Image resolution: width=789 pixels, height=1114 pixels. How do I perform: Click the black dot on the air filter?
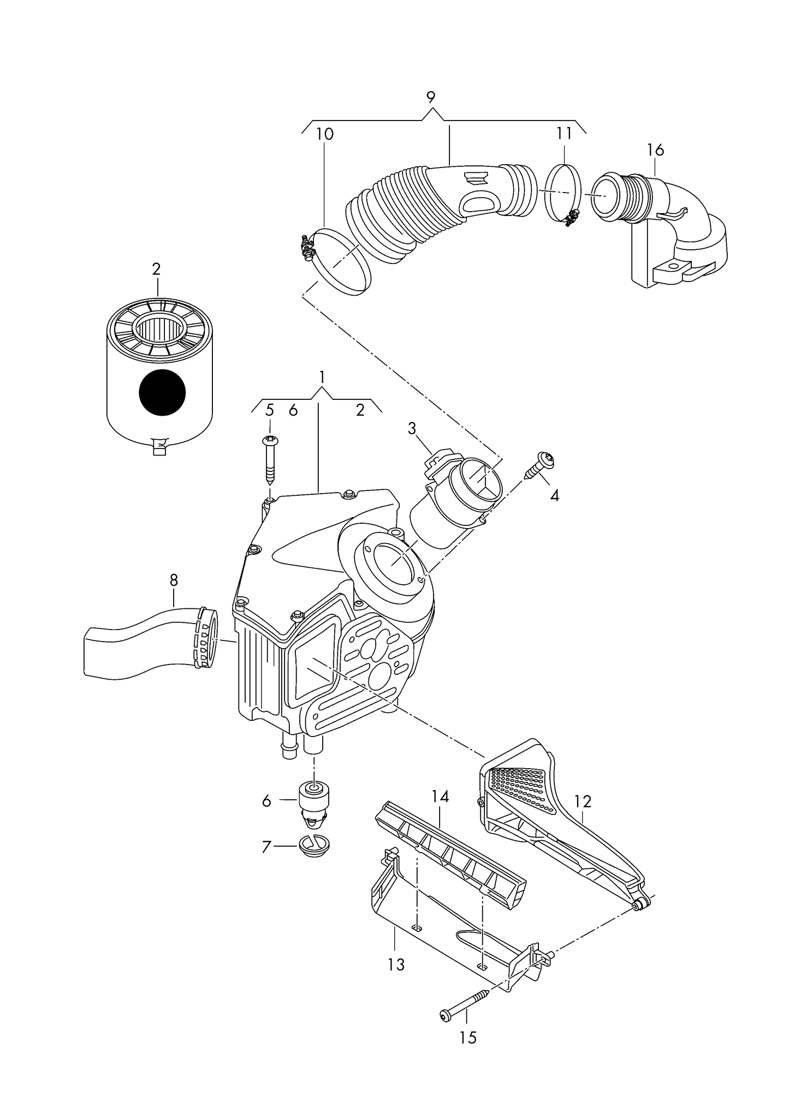pos(162,392)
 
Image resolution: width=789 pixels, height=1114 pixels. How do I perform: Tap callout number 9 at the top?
pos(431,98)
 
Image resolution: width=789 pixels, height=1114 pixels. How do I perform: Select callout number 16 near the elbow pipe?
pos(655,149)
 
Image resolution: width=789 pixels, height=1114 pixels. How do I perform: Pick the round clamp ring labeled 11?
pos(562,195)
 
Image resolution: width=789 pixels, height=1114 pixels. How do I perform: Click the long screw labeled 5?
pos(270,462)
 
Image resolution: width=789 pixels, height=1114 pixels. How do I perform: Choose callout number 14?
pos(440,797)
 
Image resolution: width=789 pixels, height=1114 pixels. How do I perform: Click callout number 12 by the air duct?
pos(583,801)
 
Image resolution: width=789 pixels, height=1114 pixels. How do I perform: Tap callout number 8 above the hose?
pos(174,580)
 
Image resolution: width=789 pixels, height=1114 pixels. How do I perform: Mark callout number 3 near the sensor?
pos(412,428)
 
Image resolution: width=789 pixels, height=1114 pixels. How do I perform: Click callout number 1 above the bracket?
pos(322,377)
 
